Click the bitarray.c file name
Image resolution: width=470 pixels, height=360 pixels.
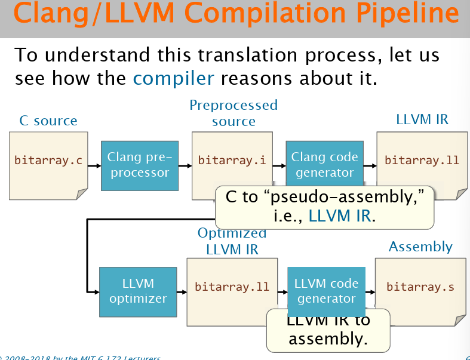[48, 161]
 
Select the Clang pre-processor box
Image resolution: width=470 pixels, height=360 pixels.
[139, 165]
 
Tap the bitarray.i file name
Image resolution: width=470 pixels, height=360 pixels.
[232, 161]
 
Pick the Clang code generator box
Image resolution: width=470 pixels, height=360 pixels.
[324, 165]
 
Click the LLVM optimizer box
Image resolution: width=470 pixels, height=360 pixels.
[138, 291]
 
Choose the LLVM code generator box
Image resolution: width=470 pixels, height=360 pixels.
[326, 291]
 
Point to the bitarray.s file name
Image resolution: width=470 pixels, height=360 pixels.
[420, 287]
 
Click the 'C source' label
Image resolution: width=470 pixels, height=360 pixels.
[48, 121]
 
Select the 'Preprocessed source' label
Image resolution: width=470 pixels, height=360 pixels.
[234, 113]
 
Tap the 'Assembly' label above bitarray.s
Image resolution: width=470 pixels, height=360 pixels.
[420, 247]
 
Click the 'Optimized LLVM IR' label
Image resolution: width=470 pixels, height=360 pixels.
[232, 241]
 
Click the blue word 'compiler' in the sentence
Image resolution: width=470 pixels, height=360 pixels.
[173, 78]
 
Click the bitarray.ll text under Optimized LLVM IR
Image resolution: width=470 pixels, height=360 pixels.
[232, 287]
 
